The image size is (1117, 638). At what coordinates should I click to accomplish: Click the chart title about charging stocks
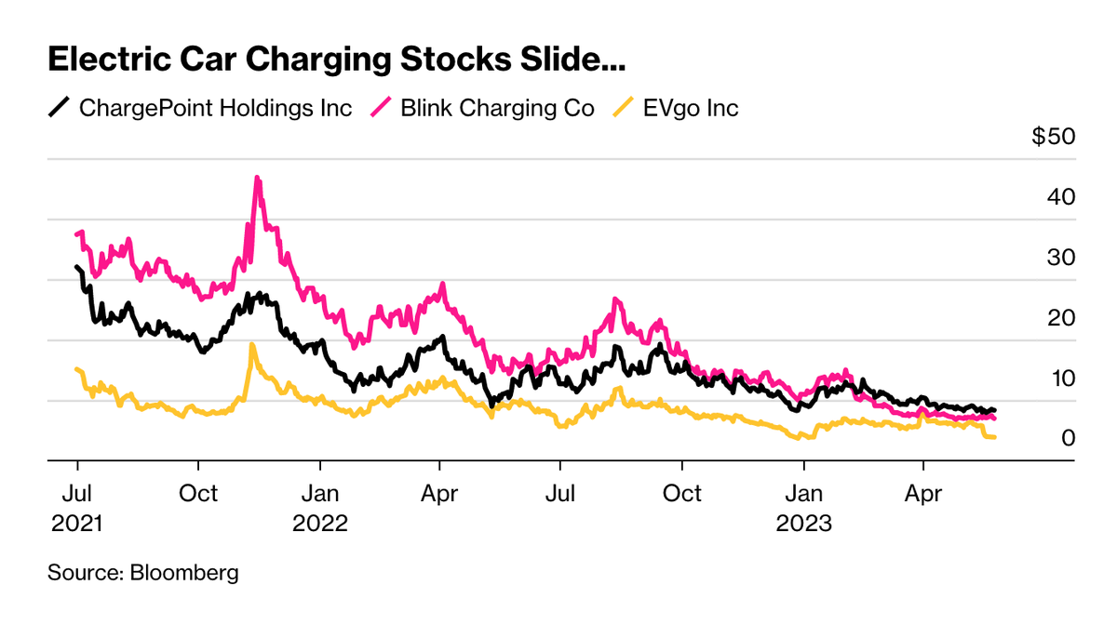[x=336, y=61]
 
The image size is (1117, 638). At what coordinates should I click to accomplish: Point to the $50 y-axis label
[x=1053, y=137]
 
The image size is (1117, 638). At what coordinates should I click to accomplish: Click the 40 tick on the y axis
[x=1061, y=197]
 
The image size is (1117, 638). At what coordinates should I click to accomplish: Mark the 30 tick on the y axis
[x=1061, y=258]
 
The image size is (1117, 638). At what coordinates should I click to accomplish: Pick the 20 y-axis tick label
[x=1061, y=318]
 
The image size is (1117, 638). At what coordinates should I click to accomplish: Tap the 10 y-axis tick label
[x=1061, y=379]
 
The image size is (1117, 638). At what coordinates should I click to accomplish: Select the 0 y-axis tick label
[x=1069, y=438]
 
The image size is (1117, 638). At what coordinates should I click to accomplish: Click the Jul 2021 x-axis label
[x=76, y=507]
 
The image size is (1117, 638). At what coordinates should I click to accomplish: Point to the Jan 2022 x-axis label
[x=319, y=507]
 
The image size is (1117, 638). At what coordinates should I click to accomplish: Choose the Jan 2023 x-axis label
[x=803, y=507]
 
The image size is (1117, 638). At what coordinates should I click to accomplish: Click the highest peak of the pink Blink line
[x=257, y=177]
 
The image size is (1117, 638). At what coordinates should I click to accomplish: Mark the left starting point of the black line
[x=76, y=267]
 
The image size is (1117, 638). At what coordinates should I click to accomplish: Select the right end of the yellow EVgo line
[x=995, y=437]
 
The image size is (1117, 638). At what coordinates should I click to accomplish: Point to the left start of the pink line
[x=76, y=234]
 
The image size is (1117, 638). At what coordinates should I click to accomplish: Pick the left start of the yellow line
[x=76, y=369]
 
